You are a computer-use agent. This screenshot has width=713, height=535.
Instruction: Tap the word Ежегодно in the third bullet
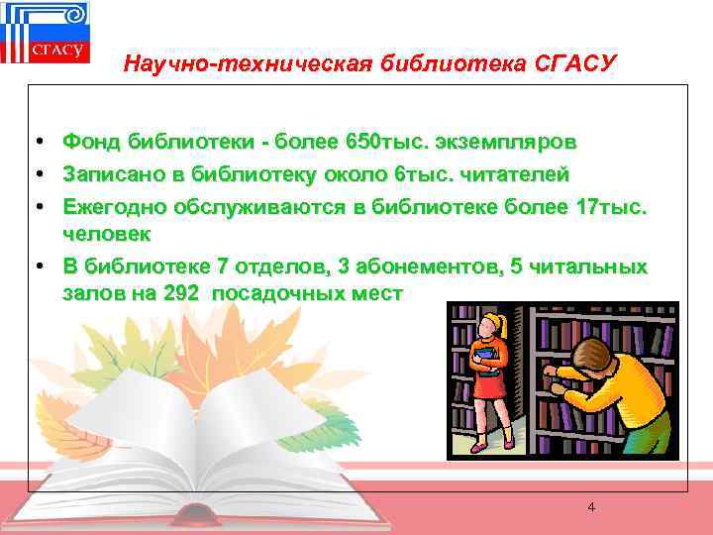pos(114,206)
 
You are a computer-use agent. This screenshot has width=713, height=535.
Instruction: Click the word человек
pos(106,234)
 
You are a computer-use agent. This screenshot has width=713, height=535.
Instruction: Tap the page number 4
pos(591,507)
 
